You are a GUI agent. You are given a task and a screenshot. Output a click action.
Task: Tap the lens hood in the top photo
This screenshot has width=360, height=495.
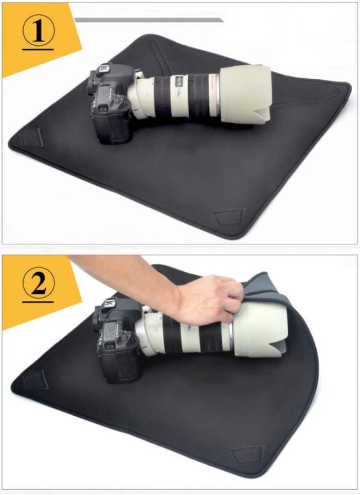[245, 94]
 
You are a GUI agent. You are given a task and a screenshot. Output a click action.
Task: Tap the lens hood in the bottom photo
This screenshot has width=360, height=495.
[260, 329]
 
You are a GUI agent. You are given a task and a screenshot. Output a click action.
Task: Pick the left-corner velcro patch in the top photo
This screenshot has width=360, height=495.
[32, 138]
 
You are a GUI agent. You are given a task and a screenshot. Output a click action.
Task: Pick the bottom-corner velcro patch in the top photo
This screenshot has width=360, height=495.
[228, 217]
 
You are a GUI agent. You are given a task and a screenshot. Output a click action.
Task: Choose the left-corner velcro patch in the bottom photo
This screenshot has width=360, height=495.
[35, 380]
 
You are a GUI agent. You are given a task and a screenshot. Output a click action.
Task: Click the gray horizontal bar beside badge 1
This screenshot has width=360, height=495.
[149, 20]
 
